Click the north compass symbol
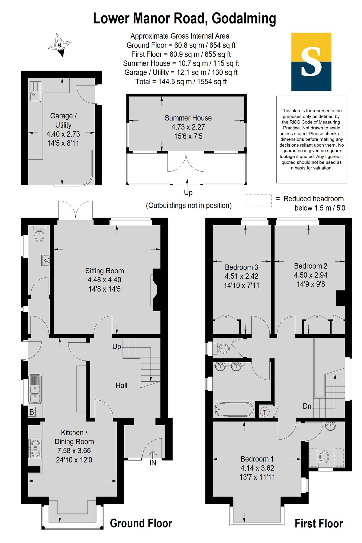tap(60, 45)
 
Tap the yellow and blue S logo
tap(311, 62)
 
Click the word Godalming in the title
tap(244, 19)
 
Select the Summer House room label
tap(188, 118)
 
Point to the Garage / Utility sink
tap(35, 91)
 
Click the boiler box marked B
tap(32, 412)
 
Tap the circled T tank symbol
tap(265, 412)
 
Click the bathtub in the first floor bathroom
tap(234, 409)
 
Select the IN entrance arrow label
tap(153, 462)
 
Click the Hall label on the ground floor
tap(121, 386)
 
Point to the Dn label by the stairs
tap(307, 406)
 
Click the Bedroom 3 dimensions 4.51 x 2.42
tap(241, 276)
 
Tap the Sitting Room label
tap(104, 271)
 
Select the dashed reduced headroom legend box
tap(259, 201)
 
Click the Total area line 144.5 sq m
tap(181, 82)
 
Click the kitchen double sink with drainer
tap(35, 389)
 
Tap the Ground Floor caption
tap(141, 523)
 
